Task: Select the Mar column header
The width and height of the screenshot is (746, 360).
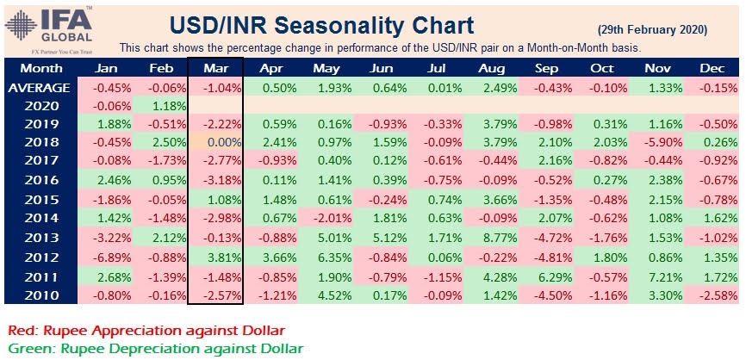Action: pyautogui.click(x=215, y=67)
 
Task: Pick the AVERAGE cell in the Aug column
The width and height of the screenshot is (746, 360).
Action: pyautogui.click(x=494, y=88)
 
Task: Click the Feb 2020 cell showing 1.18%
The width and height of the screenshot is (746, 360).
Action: pyautogui.click(x=160, y=107)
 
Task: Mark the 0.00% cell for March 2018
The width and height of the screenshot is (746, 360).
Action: pyautogui.click(x=215, y=145)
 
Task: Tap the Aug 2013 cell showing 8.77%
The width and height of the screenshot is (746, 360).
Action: pyautogui.click(x=494, y=239)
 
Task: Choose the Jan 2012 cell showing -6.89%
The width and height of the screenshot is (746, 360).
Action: pyautogui.click(x=105, y=258)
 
